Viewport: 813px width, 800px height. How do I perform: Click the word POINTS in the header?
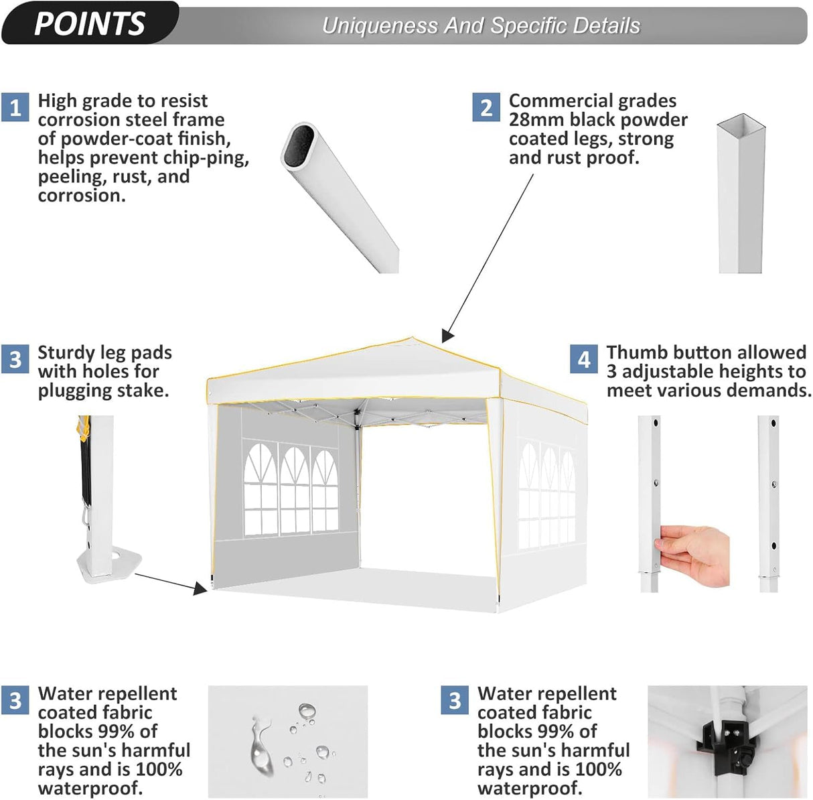click(x=89, y=23)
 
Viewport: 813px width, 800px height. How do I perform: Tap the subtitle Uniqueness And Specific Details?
click(x=480, y=25)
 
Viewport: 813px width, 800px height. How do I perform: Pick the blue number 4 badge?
click(x=584, y=359)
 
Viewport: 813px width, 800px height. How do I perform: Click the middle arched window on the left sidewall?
click(x=294, y=490)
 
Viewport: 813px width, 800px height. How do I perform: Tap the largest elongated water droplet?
click(x=260, y=745)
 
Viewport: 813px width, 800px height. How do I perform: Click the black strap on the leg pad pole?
click(x=86, y=469)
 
